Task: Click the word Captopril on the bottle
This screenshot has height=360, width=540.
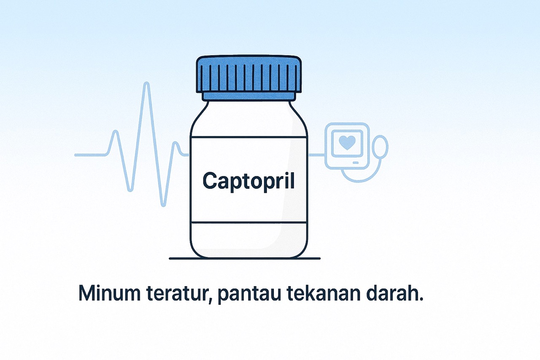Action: coord(248,181)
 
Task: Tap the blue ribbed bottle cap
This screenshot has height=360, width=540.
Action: coord(248,75)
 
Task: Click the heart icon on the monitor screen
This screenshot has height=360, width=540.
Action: coord(347,142)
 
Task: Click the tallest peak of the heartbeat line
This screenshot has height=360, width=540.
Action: coord(146,84)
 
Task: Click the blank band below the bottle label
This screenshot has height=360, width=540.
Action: coord(248,239)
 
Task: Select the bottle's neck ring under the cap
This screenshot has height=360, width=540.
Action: coord(248,97)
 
